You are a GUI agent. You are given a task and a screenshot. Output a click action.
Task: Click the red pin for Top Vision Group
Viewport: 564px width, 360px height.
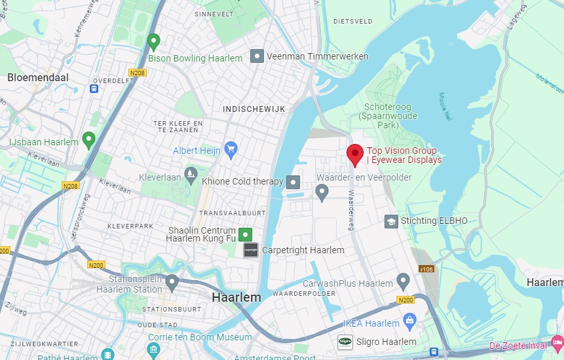(354, 154)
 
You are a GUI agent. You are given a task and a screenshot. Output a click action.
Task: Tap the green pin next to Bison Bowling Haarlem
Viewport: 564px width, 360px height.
(154, 42)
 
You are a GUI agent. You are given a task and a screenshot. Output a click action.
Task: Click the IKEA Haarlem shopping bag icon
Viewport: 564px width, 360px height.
(410, 320)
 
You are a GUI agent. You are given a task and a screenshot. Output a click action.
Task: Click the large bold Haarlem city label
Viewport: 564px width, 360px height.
(236, 297)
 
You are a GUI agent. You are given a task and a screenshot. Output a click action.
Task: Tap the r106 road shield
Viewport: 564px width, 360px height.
(427, 269)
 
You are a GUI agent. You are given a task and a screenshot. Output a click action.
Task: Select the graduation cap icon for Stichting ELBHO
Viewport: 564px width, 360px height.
(391, 221)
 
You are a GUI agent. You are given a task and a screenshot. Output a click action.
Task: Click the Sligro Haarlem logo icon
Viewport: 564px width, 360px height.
(345, 342)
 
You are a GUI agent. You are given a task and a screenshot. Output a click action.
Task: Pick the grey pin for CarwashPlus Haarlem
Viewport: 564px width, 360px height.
(404, 282)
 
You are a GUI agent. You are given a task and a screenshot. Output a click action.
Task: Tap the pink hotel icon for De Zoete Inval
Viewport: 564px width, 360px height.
(557, 343)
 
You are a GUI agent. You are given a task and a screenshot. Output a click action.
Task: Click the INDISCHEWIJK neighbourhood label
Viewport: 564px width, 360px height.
(254, 109)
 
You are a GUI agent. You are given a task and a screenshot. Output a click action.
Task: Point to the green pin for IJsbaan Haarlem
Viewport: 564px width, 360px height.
(89, 140)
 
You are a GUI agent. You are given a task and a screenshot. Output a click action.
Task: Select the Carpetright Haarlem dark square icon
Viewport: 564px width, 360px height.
(251, 250)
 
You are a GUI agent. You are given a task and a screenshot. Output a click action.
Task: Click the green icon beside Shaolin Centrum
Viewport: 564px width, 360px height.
(246, 234)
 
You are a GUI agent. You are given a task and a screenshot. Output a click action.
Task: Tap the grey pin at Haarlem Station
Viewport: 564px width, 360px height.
(172, 283)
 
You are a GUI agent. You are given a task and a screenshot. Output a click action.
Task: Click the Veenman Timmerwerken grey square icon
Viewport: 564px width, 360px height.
(257, 56)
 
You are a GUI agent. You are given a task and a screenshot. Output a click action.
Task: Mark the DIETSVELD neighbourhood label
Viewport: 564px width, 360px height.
(352, 21)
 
